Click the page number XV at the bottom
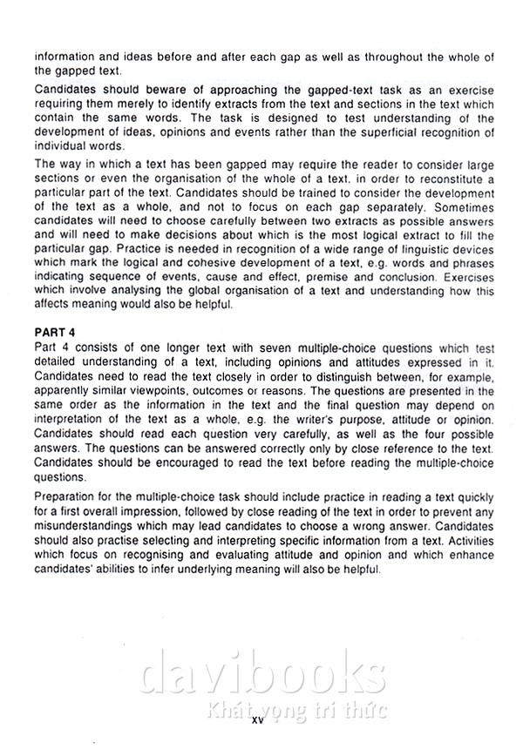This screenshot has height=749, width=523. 259,721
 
